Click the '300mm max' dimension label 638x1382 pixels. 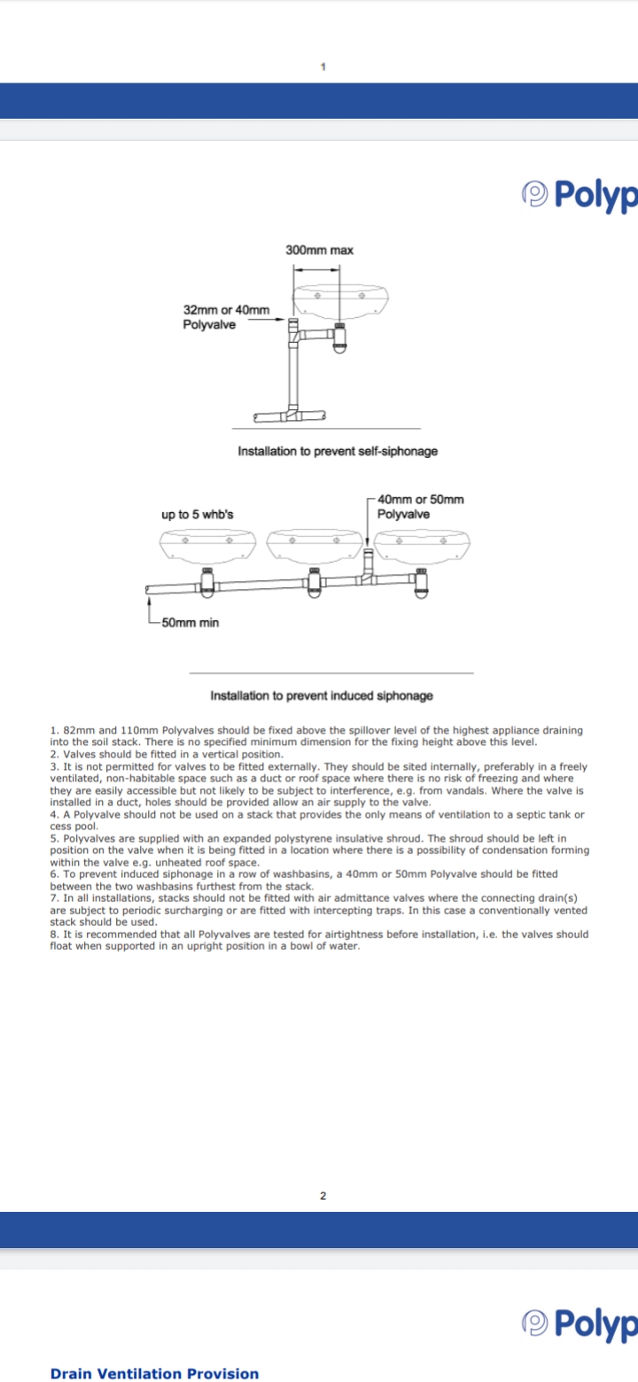pos(319,251)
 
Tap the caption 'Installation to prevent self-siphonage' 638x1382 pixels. pos(338,451)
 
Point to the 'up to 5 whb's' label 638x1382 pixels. pos(198,515)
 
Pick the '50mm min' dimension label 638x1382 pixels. pos(190,623)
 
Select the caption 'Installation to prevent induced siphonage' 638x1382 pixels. pos(322,695)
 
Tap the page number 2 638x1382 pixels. pos(323,1196)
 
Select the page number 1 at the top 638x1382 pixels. pos(323,66)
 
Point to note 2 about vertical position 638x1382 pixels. pos(167,754)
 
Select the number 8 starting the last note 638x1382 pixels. pos(53,934)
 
